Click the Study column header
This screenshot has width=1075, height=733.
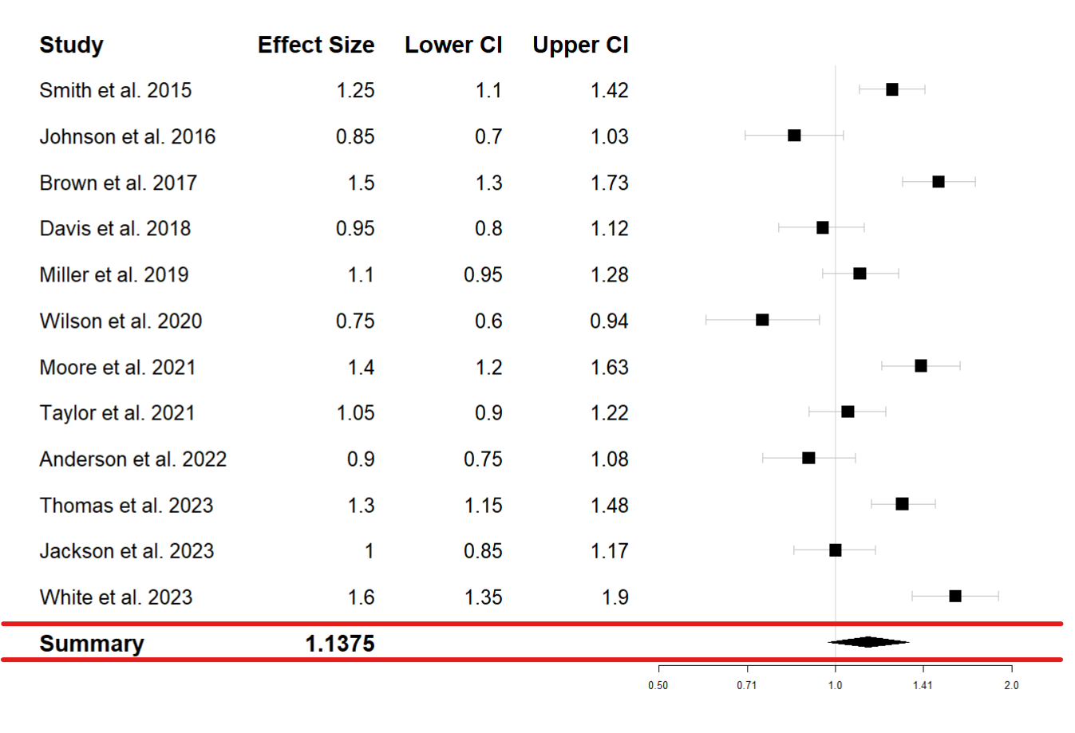71,45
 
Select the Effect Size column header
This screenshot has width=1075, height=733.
315,45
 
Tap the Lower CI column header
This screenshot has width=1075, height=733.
453,45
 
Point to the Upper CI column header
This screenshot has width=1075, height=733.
580,45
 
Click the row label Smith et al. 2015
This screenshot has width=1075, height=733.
115,90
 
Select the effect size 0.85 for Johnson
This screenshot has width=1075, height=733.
354,136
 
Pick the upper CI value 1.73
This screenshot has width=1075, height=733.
609,183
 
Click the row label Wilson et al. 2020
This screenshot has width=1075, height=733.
121,321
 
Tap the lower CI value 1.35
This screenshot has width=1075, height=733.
483,597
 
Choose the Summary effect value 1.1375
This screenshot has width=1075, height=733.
339,644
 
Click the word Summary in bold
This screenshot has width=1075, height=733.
92,644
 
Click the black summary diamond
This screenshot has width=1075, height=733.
868,642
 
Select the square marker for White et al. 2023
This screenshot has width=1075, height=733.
954,596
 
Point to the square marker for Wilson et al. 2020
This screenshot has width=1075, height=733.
762,320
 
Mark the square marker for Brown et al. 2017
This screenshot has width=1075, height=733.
939,182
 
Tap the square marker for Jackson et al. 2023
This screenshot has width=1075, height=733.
835,550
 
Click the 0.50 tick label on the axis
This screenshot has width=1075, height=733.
658,685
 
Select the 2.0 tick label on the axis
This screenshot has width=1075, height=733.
1011,685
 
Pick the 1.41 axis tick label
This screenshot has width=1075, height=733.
923,685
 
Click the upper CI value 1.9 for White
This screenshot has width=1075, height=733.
615,597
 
